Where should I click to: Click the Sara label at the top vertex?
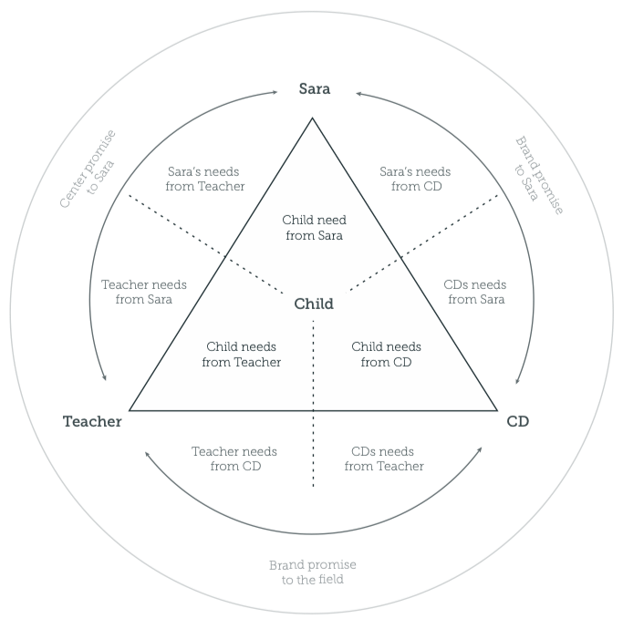pos(314,89)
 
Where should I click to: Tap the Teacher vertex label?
pos(92,421)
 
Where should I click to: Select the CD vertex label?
pos(517,421)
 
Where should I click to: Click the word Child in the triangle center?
pos(314,304)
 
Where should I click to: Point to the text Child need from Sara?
pos(314,228)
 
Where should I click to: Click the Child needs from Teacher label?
pos(241,355)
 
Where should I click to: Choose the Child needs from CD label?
pos(386,355)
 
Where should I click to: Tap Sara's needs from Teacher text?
pos(205,179)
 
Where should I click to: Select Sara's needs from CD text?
pos(416,179)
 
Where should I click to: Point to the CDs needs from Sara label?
pos(475,292)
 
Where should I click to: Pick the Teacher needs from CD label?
pos(235,459)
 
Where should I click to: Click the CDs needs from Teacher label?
pos(384,459)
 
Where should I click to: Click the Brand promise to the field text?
pos(312,572)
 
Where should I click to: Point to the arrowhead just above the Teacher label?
pos(105,377)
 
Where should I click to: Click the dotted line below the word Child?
pos(314,365)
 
